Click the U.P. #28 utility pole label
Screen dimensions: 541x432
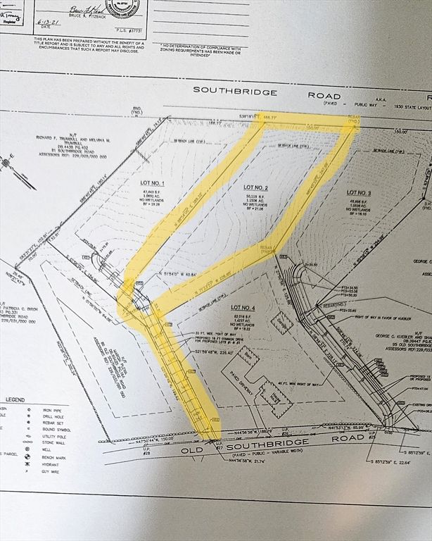(146, 449)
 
